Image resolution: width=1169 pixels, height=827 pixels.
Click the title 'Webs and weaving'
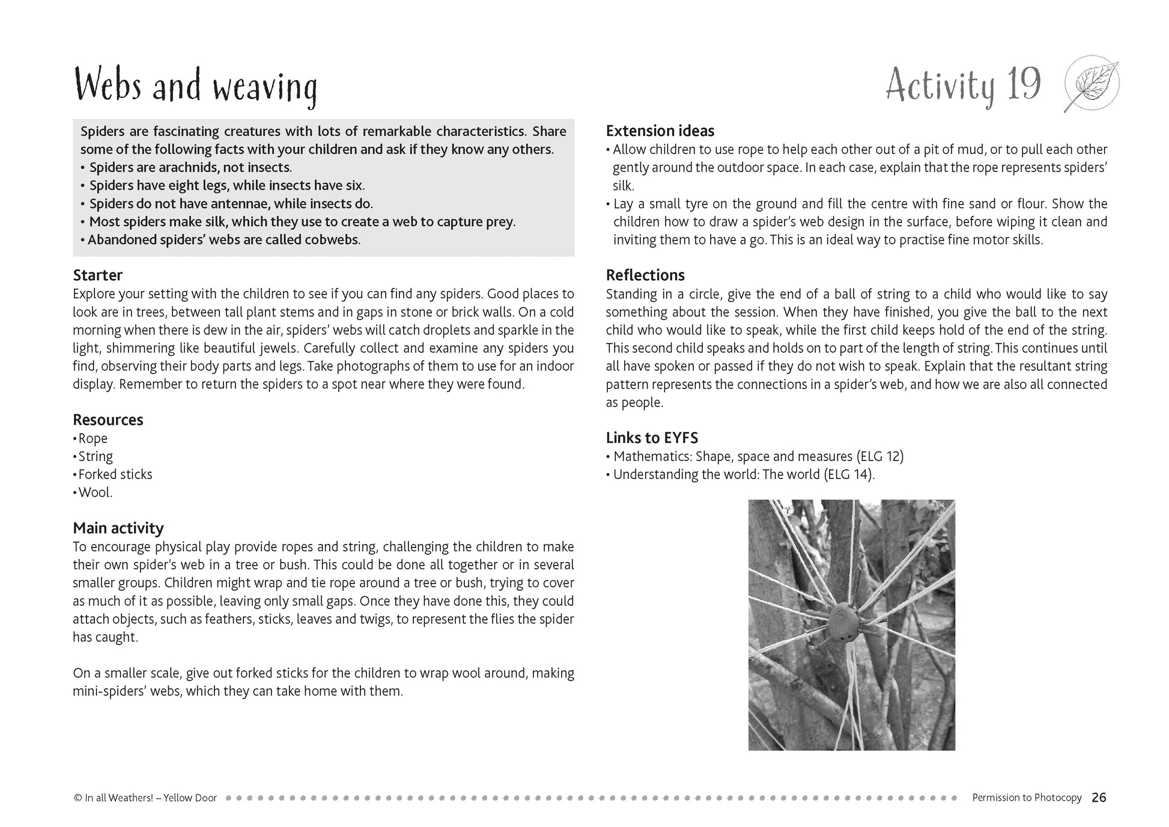tap(195, 87)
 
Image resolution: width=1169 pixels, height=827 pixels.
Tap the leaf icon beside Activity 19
tap(1091, 85)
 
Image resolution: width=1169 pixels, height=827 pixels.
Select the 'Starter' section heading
tap(98, 275)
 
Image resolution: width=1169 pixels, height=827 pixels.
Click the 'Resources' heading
tap(108, 420)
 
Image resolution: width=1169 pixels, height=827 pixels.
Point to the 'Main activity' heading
tap(118, 528)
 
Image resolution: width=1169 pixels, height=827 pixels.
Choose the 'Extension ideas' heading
tap(660, 131)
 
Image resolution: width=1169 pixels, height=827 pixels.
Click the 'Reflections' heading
tap(645, 275)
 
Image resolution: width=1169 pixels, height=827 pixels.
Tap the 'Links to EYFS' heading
tap(652, 438)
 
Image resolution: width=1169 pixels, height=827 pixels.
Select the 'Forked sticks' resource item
tap(115, 474)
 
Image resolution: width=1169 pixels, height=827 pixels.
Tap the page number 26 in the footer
tap(1099, 798)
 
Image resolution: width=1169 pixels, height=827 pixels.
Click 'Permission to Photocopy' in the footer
tap(1027, 798)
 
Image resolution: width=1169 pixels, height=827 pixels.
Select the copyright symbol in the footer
tap(77, 798)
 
